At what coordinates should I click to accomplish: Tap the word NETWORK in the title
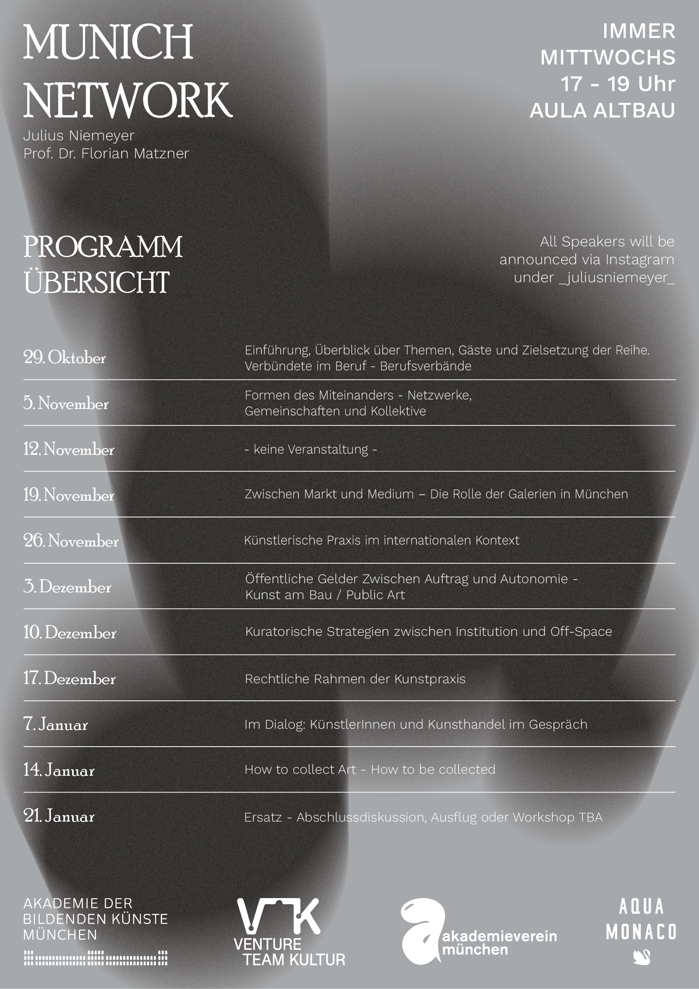pos(128,100)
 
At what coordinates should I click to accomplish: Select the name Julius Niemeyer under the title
pos(79,136)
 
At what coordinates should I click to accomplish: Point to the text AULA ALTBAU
pos(602,111)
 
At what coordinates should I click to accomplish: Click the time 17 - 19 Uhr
pos(618,84)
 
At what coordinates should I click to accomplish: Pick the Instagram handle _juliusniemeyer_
pos(617,278)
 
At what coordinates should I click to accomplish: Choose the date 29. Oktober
pos(65,358)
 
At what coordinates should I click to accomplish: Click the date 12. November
pos(69,449)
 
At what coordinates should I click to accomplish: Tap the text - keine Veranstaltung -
pos(310,449)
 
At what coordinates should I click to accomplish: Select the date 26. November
pos(71,541)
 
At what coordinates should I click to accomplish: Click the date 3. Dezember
pos(67,587)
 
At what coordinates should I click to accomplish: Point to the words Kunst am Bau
pos(289,595)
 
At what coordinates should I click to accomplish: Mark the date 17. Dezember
pos(69,678)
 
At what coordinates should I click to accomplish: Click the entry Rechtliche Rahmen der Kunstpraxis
pos(355,679)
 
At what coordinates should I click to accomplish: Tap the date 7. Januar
pos(55,724)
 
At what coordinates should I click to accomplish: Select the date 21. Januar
pos(59,816)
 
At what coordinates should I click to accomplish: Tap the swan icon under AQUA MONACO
pos(642,957)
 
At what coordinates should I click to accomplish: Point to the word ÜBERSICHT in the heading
pos(96,283)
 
